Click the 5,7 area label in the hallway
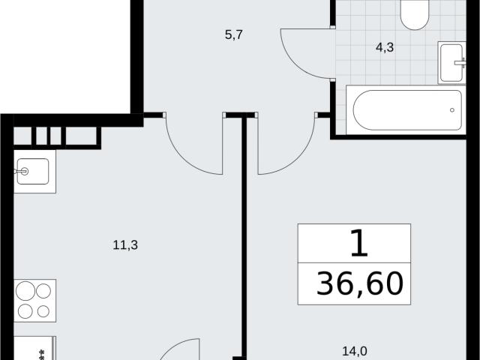(234, 35)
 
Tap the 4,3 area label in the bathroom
(385, 47)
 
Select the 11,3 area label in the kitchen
(125, 245)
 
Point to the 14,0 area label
(355, 351)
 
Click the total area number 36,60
(360, 283)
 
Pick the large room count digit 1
(358, 243)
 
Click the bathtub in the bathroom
(407, 110)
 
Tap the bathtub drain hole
(451, 110)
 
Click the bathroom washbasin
(451, 63)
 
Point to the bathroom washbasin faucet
(460, 63)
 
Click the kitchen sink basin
(33, 172)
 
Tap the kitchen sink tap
(22, 172)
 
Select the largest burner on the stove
(25, 291)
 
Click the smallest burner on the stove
(43, 312)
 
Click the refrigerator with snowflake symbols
(35, 348)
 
